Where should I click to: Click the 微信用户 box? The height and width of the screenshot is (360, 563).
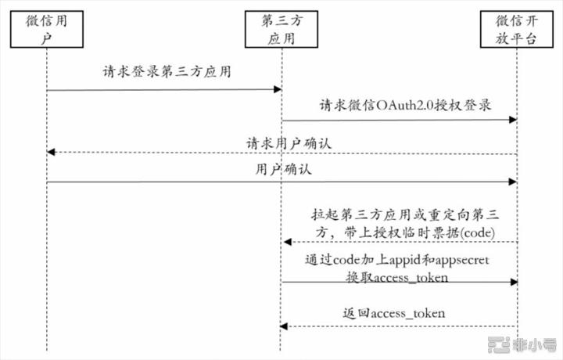pos(47,29)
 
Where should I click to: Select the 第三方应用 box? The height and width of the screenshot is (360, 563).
pos(281,29)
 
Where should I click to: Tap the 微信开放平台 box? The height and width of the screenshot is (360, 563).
pos(517,29)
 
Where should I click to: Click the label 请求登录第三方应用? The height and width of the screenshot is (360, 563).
pos(167,71)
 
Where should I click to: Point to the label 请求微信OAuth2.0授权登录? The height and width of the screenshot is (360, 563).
pos(405,105)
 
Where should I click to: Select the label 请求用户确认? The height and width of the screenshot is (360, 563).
pos(289,143)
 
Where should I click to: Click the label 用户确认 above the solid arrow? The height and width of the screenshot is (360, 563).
pos(284,169)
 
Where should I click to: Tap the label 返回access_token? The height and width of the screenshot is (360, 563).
pos(394,313)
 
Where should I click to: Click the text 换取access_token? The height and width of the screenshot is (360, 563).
pos(397,277)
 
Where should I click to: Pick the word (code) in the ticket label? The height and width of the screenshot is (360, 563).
pos(478,232)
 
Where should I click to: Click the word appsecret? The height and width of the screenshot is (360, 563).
pos(462,260)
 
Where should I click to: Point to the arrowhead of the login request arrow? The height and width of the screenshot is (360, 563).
pos(278,89)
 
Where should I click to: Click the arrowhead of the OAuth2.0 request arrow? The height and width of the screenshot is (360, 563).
pos(513,120)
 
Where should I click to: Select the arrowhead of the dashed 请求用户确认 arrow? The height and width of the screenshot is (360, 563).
pos(51,153)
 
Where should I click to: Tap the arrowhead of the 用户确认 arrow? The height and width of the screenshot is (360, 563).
pos(513,182)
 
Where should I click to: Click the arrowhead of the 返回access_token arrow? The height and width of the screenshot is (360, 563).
pos(284,326)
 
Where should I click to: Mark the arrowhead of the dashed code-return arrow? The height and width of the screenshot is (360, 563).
pos(287,242)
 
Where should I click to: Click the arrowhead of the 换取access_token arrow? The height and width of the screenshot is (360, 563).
pos(515,282)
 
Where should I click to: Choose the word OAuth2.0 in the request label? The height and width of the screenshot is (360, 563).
pos(405,106)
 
